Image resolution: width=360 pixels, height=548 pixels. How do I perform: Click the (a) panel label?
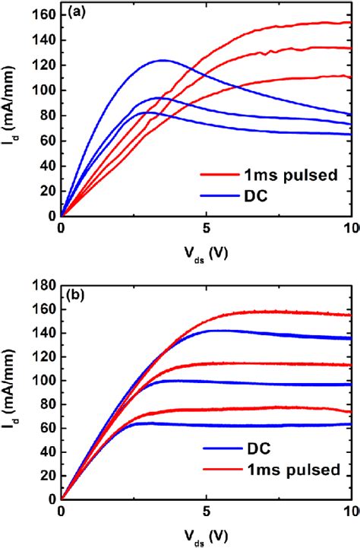pos(76,14)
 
